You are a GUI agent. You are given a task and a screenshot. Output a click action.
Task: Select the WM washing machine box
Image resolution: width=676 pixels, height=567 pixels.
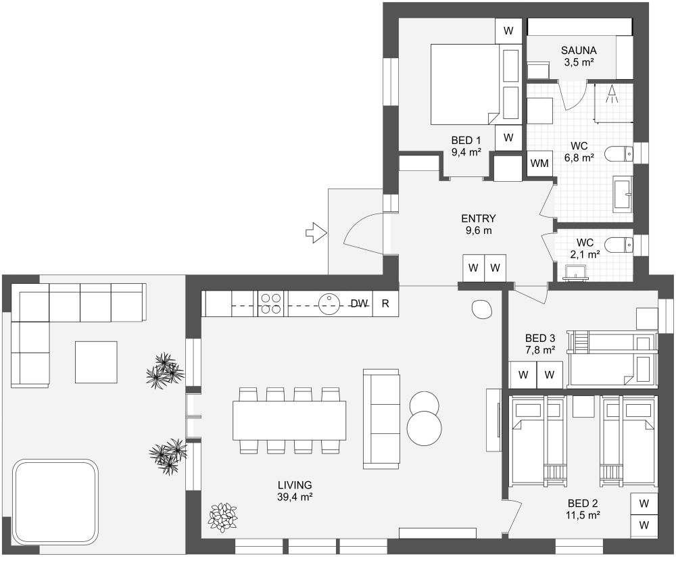(x=539, y=163)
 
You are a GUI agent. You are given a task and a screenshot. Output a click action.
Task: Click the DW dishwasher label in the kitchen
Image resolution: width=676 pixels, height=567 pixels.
(x=359, y=303)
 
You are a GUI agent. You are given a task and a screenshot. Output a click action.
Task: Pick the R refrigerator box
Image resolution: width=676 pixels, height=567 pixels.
(x=385, y=303)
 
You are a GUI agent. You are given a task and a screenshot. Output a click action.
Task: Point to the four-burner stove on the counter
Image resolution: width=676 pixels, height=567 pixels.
(x=271, y=303)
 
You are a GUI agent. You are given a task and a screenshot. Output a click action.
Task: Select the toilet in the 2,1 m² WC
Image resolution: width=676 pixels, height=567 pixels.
(x=617, y=245)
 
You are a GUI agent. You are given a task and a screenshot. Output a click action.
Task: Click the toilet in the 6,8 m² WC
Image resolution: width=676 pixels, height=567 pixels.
(x=618, y=155)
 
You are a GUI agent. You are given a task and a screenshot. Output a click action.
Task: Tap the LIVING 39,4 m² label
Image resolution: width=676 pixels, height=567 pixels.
(x=295, y=491)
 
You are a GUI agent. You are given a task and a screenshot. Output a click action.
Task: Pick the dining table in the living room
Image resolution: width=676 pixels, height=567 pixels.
(x=289, y=420)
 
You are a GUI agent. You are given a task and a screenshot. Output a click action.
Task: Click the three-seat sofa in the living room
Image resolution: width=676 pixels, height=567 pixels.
(x=381, y=419)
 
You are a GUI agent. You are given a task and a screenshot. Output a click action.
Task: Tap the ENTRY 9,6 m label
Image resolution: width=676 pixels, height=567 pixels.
(x=479, y=224)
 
